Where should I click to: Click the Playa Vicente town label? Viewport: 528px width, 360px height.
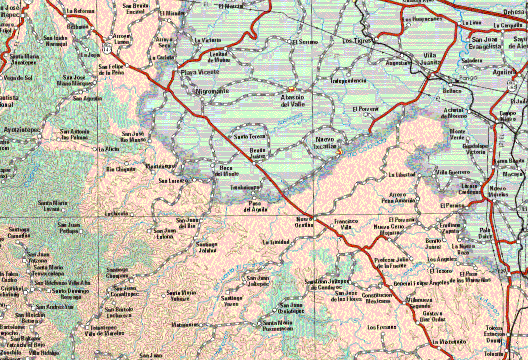200,72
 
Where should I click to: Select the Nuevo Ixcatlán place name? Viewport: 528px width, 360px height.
326,143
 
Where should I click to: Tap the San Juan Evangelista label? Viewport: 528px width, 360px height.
486,43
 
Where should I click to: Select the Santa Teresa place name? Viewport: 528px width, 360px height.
249,136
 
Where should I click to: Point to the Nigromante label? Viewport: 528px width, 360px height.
212,91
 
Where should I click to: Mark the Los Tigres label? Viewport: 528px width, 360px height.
356,40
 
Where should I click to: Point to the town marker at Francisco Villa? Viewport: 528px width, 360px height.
332,226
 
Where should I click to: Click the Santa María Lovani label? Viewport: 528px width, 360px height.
53,206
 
